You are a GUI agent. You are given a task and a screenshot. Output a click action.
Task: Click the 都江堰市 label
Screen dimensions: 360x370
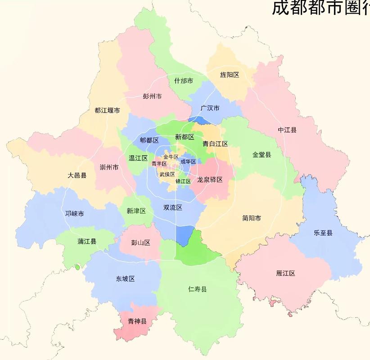click(107, 110)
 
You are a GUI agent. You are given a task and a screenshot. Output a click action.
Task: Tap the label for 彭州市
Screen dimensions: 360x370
click(152, 96)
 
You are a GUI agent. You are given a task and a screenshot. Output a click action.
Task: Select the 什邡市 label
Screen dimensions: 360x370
click(184, 81)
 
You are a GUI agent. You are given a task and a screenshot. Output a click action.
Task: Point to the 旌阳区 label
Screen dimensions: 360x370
click(230, 75)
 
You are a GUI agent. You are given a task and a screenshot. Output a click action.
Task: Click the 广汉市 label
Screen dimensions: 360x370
click(210, 108)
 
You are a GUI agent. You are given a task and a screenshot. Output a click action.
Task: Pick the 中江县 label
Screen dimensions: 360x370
click(287, 130)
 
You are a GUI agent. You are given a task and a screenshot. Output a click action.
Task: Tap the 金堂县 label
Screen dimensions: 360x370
click(262, 155)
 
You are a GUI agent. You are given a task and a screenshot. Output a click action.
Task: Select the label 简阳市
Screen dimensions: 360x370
click(252, 218)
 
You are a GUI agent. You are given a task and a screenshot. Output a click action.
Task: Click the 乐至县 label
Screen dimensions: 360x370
click(323, 233)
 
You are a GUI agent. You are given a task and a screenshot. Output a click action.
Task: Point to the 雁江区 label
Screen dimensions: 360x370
click(286, 273)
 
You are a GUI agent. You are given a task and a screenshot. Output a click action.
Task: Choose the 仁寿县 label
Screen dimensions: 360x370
click(198, 289)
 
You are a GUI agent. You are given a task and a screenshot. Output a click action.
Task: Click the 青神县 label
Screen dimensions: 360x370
click(137, 321)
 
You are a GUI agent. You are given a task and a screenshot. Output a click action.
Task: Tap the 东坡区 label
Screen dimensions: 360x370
click(126, 279)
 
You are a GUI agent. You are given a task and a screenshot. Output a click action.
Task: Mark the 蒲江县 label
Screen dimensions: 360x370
click(87, 242)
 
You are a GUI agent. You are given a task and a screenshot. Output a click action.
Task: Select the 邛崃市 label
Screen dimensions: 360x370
click(75, 214)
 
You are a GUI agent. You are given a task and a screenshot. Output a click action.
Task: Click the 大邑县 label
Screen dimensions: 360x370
click(77, 175)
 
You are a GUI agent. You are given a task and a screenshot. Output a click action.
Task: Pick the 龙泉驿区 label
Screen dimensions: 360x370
click(210, 180)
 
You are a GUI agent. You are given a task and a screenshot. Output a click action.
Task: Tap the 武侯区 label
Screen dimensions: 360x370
click(167, 174)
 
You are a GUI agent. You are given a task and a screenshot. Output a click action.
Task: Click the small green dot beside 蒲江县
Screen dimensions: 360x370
click(77, 267)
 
